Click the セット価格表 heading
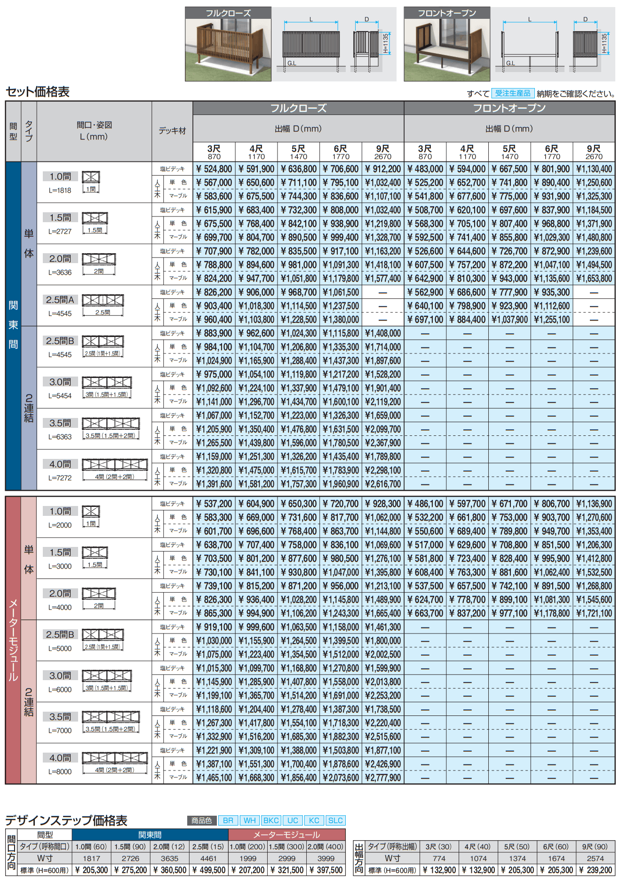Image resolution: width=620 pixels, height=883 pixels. [38, 92]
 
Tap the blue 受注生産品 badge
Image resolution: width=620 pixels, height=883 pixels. [512, 93]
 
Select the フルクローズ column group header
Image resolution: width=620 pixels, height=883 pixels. [298, 108]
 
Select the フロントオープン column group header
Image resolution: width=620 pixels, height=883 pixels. [509, 108]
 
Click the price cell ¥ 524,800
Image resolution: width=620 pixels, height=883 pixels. [214, 169]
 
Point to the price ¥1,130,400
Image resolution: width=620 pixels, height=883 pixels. [594, 169]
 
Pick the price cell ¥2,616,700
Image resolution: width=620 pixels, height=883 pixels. [383, 484]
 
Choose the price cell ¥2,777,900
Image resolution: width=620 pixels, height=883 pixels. [383, 778]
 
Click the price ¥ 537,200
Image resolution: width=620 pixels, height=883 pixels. [214, 504]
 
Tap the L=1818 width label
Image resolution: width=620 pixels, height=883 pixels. [60, 191]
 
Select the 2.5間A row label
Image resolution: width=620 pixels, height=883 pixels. [60, 300]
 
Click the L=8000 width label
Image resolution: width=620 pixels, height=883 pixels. [60, 772]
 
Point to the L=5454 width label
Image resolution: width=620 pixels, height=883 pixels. [60, 396]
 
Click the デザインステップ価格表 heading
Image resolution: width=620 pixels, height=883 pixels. [66, 820]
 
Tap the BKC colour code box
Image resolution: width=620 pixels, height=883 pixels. [271, 820]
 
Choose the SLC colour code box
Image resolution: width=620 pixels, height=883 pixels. [335, 820]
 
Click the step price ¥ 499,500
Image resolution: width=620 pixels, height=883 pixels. [209, 870]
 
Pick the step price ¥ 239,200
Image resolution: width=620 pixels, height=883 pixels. [595, 870]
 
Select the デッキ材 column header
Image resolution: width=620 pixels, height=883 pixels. [172, 131]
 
